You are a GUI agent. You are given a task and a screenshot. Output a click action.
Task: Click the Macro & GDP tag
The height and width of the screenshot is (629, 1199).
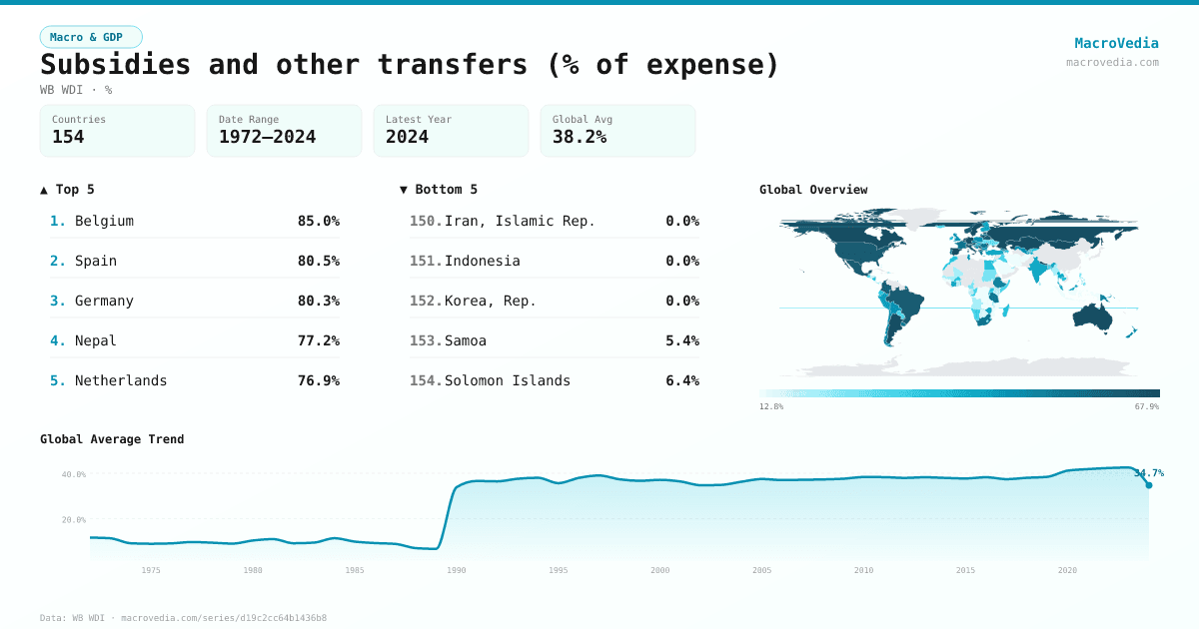tap(91, 37)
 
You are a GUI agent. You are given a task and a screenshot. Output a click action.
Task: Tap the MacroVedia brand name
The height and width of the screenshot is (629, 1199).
tap(1116, 43)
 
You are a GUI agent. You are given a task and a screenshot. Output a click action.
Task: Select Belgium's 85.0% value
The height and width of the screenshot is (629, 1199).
tap(318, 221)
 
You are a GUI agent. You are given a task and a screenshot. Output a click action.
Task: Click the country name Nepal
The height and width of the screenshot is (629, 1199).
tap(96, 340)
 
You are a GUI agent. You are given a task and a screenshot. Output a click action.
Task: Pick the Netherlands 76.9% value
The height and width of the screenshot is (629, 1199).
tap(318, 380)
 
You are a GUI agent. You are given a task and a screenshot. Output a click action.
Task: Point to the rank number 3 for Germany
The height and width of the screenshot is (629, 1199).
tap(57, 301)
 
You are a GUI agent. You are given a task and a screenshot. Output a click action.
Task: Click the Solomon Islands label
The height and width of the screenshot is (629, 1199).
tap(508, 380)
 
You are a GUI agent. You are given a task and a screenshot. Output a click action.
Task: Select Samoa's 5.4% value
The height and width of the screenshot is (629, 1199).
tap(681, 340)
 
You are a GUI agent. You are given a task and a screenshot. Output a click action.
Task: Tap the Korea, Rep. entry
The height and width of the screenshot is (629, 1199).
tap(491, 301)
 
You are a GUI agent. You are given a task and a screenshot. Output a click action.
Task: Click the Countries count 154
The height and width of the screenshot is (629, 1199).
tap(68, 137)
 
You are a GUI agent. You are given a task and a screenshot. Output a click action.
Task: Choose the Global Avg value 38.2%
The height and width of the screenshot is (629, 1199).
tap(580, 137)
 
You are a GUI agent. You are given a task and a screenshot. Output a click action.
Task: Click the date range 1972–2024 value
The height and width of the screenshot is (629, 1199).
tap(267, 137)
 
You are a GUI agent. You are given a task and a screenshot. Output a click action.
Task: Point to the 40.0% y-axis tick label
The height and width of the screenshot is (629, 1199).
tap(74, 474)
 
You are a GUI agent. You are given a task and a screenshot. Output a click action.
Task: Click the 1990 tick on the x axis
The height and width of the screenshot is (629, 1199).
tap(456, 570)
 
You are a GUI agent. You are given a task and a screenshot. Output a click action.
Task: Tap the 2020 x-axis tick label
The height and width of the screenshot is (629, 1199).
tap(1067, 570)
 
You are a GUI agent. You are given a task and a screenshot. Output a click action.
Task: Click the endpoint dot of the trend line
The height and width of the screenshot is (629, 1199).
tap(1148, 485)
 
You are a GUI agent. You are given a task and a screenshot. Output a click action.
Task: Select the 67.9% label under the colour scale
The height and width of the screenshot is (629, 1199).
tap(1146, 406)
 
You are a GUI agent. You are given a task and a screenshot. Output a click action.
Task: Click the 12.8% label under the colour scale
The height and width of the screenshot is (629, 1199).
tap(771, 406)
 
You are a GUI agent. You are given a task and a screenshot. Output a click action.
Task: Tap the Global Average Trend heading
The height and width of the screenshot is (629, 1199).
tap(112, 439)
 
